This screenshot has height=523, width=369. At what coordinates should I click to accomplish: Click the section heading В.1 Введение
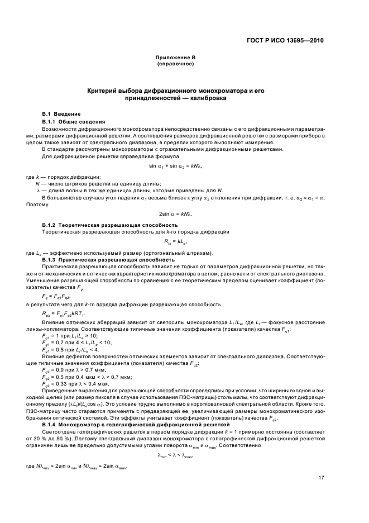point(63,114)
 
